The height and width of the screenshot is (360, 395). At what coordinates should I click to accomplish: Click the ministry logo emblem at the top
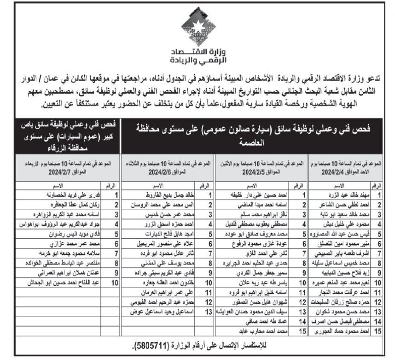(x=197, y=27)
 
